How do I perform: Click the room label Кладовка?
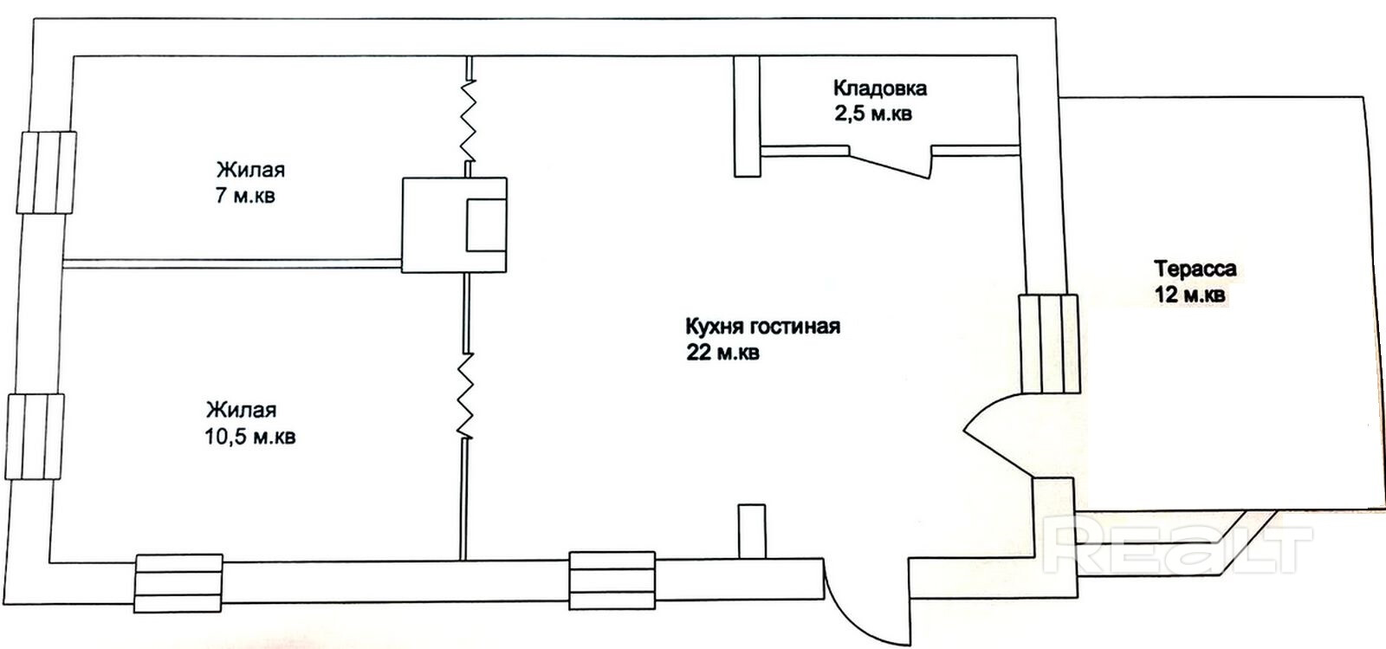point(880,88)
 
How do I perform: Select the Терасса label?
point(1195,269)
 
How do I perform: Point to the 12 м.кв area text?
point(1189,295)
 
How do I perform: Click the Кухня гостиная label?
point(762,327)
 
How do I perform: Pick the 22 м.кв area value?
point(722,353)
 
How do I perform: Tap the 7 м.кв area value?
point(245,195)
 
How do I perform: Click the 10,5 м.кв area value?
point(250,436)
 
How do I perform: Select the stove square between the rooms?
point(454,224)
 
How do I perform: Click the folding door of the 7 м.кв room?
point(468,121)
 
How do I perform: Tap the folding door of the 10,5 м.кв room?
point(466,394)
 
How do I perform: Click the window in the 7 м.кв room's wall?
point(49,172)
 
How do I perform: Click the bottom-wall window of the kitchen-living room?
point(612,581)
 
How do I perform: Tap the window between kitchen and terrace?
point(1048,343)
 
